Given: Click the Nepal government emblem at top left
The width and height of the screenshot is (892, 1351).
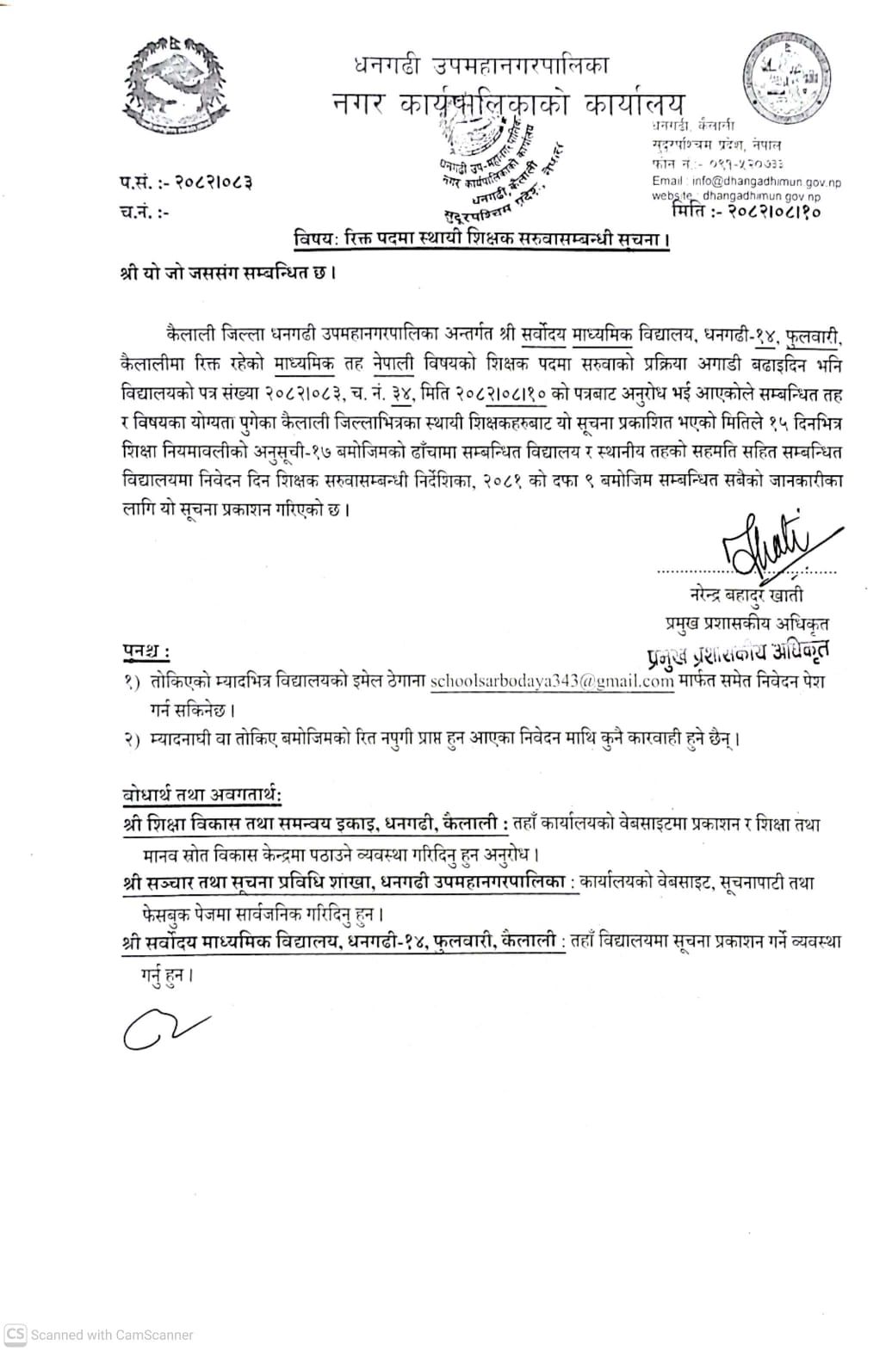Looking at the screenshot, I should [174, 89].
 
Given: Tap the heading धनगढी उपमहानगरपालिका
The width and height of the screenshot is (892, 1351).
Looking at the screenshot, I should [481, 65].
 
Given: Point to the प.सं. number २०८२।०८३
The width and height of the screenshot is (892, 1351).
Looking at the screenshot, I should [214, 182].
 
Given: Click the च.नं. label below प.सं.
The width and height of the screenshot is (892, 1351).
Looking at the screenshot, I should [145, 212].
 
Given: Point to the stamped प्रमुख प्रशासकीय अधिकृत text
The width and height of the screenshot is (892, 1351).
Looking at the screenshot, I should [738, 651].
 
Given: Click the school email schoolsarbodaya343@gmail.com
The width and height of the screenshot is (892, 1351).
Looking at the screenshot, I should [551, 681].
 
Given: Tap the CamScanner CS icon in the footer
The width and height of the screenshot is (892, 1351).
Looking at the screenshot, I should [15, 1335].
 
